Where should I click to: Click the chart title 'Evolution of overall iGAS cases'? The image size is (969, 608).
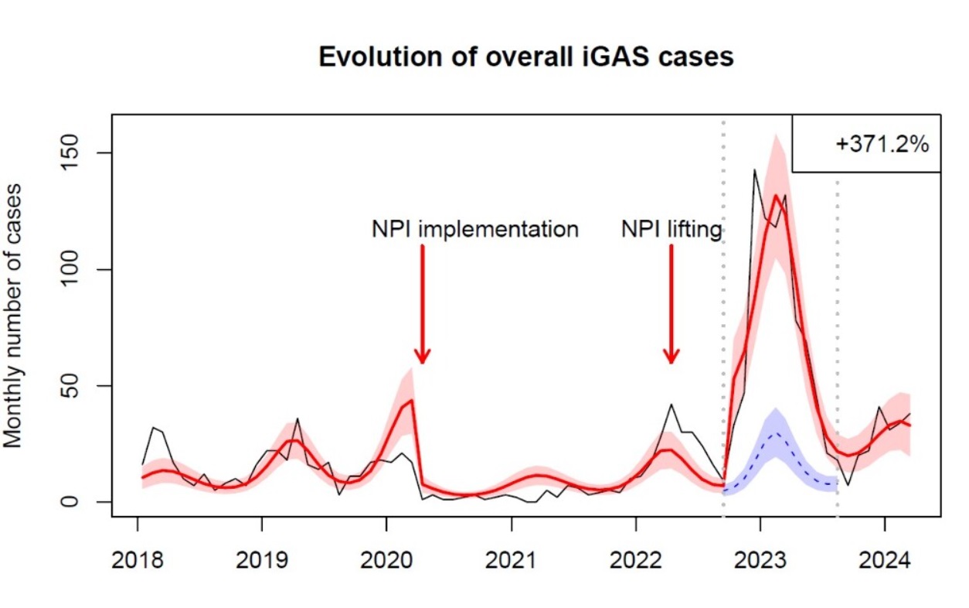click(x=526, y=57)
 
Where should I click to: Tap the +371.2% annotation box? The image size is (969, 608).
click(x=865, y=144)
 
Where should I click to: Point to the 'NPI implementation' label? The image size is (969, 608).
click(x=473, y=230)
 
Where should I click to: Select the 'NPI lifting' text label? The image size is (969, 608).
click(x=671, y=230)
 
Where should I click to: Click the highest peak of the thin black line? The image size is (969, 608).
click(x=754, y=169)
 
